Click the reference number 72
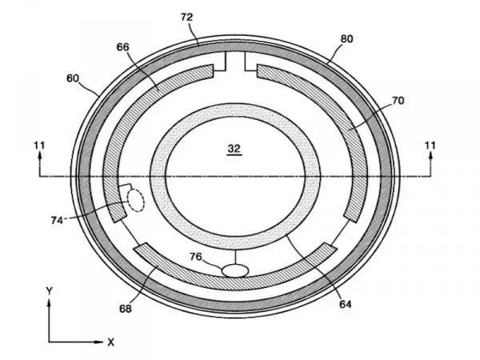(x=186, y=17)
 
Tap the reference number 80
(x=347, y=39)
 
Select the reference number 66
(x=122, y=47)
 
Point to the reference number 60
(x=73, y=78)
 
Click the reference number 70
(x=398, y=101)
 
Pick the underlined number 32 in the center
(x=234, y=149)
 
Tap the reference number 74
(x=57, y=220)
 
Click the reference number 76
(x=196, y=257)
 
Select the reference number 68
(x=126, y=309)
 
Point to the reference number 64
(x=346, y=304)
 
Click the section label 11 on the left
(x=39, y=145)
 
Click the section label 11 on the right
(x=430, y=145)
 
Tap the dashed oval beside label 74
(x=135, y=200)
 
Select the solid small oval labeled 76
(x=234, y=270)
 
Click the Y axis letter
(x=49, y=290)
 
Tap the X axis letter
(x=111, y=342)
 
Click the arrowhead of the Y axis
(x=49, y=303)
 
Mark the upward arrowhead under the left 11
(x=39, y=155)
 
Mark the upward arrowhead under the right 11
(x=430, y=155)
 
